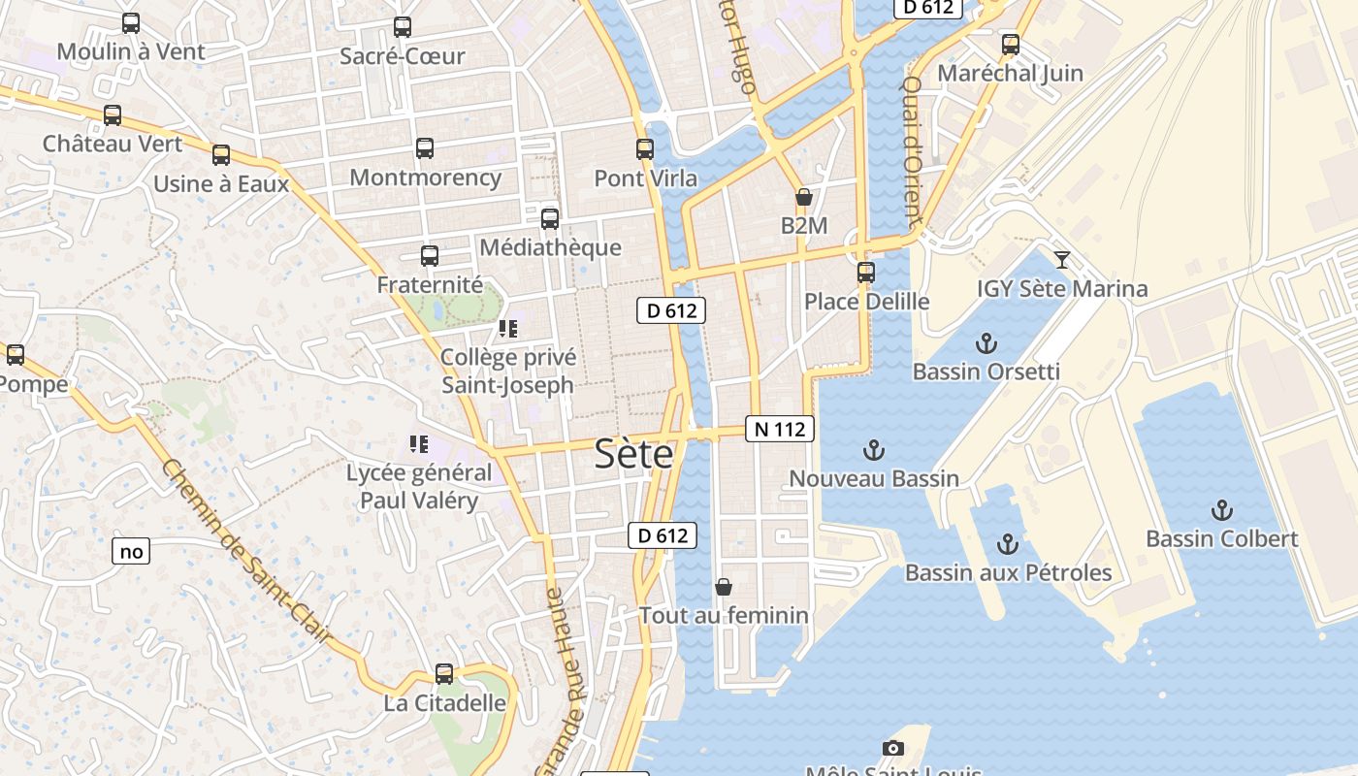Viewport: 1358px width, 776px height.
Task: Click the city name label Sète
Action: (x=633, y=453)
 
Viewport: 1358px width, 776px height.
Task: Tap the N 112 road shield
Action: (x=779, y=429)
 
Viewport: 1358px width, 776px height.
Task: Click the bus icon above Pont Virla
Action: (x=645, y=149)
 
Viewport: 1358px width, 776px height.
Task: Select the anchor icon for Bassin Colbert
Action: (x=1221, y=509)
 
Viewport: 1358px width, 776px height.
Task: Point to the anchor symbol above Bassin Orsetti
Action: (x=986, y=342)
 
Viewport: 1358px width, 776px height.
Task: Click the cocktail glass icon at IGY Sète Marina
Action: (x=1062, y=259)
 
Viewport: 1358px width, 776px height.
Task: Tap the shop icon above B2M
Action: (x=803, y=197)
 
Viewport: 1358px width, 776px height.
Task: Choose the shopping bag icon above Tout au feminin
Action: (x=723, y=586)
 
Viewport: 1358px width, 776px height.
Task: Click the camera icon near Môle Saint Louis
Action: (x=893, y=748)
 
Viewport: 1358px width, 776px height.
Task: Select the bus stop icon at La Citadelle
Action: (x=444, y=673)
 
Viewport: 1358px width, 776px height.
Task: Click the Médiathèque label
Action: (x=550, y=247)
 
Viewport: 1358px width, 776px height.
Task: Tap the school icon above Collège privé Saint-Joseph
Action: (x=508, y=329)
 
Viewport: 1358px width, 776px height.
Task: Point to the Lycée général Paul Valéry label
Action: (x=419, y=487)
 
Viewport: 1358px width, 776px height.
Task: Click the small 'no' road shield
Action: (x=131, y=552)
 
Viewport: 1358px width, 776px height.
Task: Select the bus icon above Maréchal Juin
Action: (x=1011, y=44)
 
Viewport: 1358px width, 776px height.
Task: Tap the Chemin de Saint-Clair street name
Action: (x=246, y=551)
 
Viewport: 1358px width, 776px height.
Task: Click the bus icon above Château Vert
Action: (x=113, y=115)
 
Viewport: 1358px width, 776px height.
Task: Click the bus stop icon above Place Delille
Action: (x=866, y=273)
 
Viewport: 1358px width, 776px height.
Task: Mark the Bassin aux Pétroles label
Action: (x=1008, y=572)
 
